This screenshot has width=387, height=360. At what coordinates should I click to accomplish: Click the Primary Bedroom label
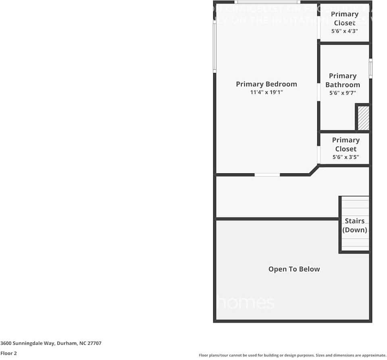point(266,84)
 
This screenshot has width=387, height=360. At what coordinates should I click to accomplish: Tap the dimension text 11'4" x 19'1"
point(266,92)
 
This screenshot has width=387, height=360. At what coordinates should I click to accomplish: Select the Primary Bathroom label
point(343,80)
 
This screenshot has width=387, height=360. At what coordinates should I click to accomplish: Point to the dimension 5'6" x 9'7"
point(343,93)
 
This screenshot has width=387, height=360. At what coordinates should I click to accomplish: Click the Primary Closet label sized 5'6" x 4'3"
point(345,19)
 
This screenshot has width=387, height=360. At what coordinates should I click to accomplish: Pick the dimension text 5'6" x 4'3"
point(345,31)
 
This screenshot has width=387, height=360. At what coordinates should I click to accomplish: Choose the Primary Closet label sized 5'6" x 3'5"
point(345,144)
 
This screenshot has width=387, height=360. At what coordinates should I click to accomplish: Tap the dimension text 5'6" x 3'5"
point(345,157)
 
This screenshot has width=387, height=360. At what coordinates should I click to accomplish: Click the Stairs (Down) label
point(355,225)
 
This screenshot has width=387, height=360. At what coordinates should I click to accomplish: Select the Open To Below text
point(294,269)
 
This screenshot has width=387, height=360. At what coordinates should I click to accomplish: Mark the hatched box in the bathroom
point(363,118)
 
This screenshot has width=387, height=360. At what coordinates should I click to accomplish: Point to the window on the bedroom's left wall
point(215,46)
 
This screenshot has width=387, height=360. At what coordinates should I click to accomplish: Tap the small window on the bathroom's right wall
point(370,68)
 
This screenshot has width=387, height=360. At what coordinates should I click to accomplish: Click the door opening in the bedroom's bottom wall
point(267,175)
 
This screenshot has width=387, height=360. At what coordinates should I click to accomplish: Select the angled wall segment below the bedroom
point(314,170)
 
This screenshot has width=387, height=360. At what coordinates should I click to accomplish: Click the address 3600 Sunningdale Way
point(51,343)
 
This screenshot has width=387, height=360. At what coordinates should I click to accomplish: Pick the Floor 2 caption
point(8,353)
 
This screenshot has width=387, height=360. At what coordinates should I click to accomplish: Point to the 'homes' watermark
point(246,303)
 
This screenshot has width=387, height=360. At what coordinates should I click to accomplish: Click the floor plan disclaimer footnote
point(292,355)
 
